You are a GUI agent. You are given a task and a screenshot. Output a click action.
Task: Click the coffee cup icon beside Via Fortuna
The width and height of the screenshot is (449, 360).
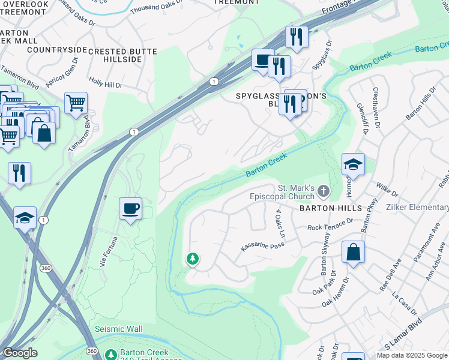[130, 209]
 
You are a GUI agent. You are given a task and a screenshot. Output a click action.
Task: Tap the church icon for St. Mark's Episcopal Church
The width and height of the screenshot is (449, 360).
[324, 191]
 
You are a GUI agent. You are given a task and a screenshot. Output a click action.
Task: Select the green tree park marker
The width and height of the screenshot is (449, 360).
[192, 259]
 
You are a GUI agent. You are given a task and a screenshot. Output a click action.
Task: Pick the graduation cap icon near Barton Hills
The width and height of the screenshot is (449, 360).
[353, 165]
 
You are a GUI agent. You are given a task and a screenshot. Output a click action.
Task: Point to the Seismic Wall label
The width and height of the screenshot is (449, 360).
[118, 329]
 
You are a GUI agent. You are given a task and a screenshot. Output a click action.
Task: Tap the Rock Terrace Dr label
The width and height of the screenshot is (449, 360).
[331, 226]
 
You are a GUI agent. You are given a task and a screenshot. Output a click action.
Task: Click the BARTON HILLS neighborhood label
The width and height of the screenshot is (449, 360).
[331, 208]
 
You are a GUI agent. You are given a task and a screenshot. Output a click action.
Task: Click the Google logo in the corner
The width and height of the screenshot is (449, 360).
[19, 353]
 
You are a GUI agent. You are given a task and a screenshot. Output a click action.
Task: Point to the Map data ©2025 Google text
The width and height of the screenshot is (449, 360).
[412, 355]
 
